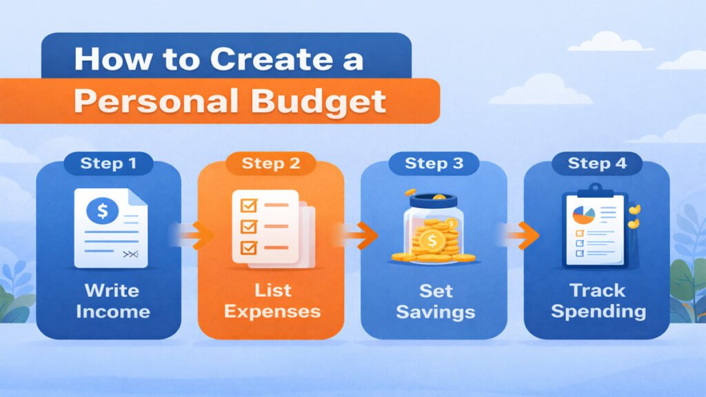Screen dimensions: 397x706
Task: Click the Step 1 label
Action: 108,164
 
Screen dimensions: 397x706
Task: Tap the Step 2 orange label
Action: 271,164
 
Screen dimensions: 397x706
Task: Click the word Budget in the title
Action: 327,101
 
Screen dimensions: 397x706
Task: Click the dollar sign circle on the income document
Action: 102,210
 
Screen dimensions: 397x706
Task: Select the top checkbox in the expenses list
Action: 246,205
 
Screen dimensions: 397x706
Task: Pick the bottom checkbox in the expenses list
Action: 246,246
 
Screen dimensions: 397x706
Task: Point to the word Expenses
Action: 272,311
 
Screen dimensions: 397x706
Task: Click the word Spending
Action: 598,311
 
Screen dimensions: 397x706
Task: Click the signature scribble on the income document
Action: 130,255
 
